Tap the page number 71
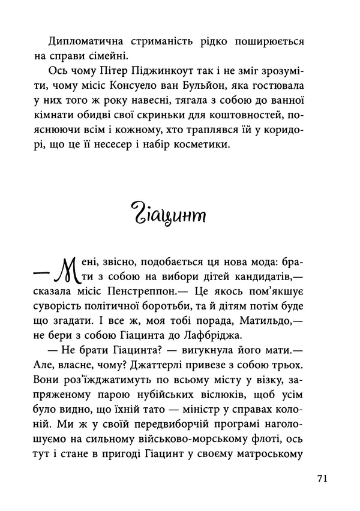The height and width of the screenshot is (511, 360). [321, 479]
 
